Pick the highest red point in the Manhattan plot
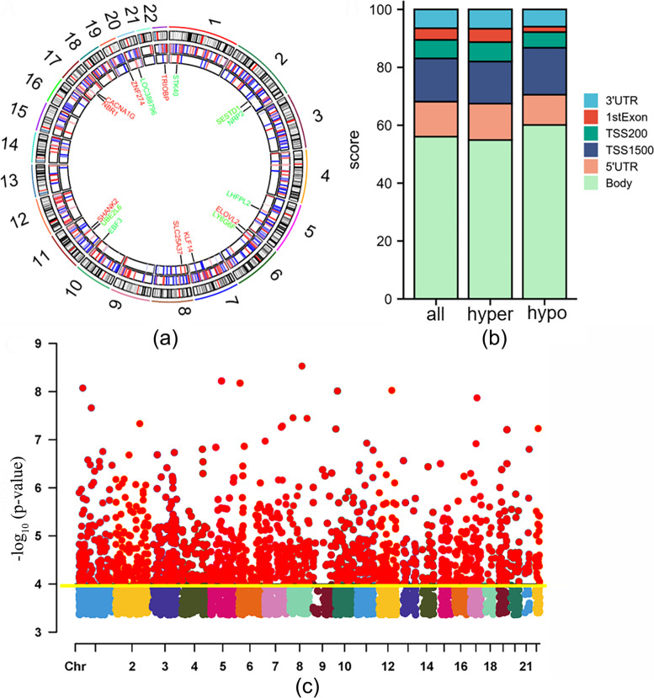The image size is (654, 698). click(x=302, y=365)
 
